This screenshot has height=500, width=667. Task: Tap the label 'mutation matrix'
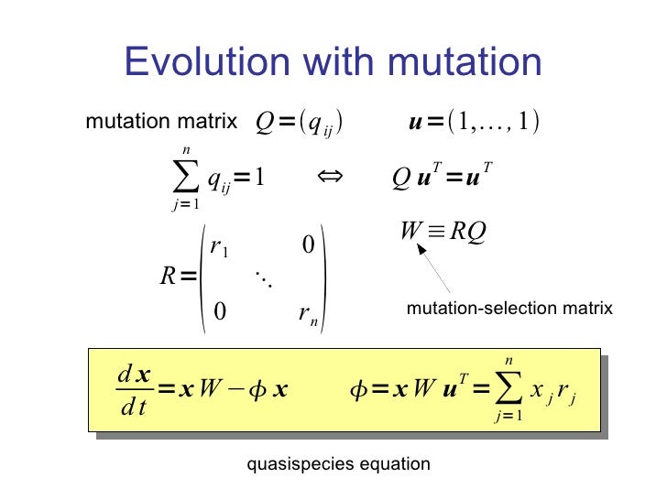click(161, 123)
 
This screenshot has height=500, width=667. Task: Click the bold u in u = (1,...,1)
click(414, 123)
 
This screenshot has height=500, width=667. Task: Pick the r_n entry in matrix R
click(308, 313)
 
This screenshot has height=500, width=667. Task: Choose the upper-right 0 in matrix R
click(308, 245)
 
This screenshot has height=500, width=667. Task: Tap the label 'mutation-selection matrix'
click(509, 310)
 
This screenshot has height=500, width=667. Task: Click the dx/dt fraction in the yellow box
click(134, 389)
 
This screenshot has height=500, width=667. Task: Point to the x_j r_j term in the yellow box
click(552, 391)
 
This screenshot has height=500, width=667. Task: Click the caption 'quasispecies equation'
click(339, 464)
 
